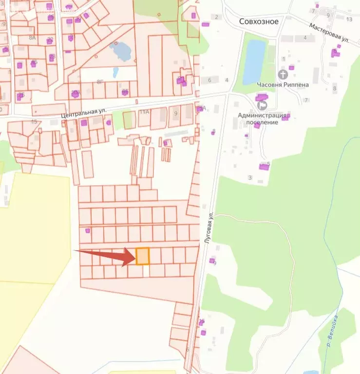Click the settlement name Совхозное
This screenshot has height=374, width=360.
coord(258,21)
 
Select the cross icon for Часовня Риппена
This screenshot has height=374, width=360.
coord(283,75)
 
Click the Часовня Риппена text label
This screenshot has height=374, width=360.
coord(283,85)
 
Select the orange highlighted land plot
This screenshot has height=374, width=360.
coord(142,256)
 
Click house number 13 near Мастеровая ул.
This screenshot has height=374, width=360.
coord(349,19)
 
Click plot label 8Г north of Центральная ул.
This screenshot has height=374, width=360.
coord(100,82)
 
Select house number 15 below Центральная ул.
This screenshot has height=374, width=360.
coord(34,121)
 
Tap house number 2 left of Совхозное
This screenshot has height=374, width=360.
coord(216,18)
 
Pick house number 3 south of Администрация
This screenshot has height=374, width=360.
coord(250,178)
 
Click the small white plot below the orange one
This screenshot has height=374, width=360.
coord(146,271)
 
